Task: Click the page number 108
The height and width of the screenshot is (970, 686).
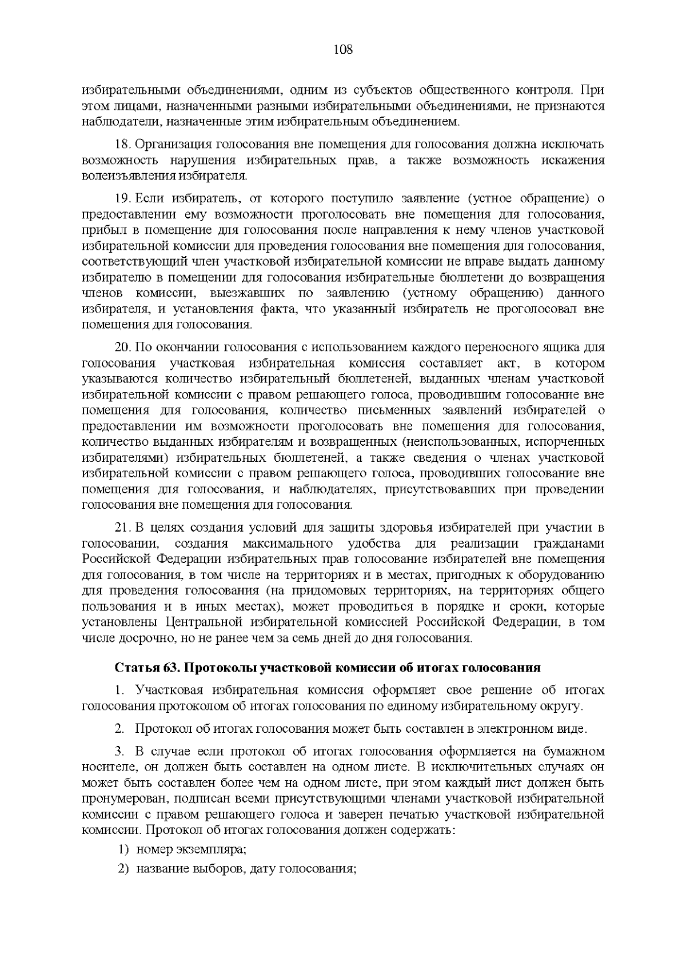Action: [x=343, y=50]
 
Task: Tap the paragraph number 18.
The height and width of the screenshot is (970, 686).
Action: [x=123, y=145]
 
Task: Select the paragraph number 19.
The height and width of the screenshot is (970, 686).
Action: [x=123, y=199]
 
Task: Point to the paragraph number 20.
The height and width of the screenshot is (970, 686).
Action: [x=123, y=348]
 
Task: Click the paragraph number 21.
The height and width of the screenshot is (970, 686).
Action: [x=123, y=527]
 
